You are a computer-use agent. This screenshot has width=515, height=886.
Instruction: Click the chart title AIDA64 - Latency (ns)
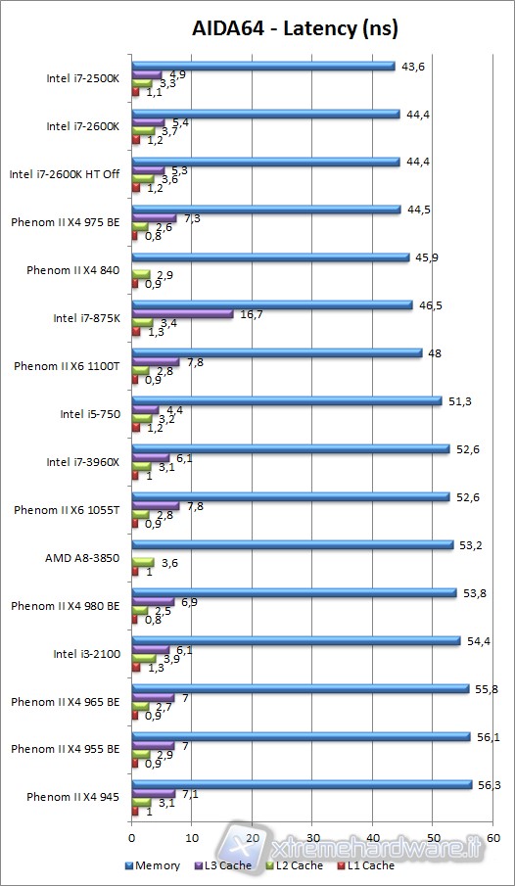click(x=281, y=28)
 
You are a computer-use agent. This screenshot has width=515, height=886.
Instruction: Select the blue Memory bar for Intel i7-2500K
click(x=262, y=67)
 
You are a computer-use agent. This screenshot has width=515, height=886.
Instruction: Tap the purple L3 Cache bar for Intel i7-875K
click(x=182, y=314)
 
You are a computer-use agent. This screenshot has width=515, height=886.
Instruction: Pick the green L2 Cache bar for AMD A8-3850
click(x=142, y=563)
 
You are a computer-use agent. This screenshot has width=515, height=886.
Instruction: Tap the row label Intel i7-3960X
click(x=83, y=462)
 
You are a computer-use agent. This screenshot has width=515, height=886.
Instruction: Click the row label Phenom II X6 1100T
click(x=67, y=366)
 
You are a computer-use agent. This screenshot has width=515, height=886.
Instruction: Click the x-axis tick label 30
click(x=312, y=838)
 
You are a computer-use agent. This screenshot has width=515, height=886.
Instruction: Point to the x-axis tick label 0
click(x=131, y=838)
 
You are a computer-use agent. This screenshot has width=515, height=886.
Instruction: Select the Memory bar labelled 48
click(x=276, y=352)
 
